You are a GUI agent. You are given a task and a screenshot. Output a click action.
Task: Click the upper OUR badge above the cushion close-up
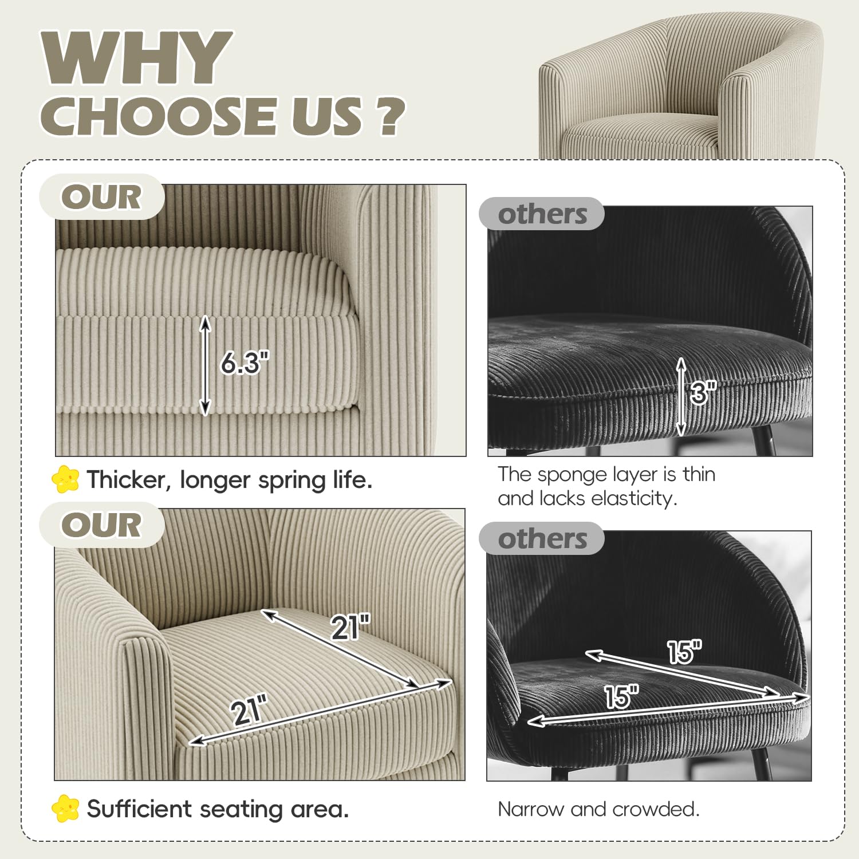coord(102,197)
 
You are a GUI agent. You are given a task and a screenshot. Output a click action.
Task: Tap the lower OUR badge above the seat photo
coord(102,525)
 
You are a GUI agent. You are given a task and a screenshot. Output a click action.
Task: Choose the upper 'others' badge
coord(542,214)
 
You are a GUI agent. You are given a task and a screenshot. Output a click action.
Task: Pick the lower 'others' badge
coord(542,539)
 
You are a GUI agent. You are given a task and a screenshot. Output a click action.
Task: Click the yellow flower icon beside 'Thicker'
coord(65,479)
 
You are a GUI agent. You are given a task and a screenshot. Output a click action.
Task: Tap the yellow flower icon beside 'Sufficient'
coord(65,808)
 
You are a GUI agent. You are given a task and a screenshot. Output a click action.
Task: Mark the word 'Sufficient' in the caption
coord(139,809)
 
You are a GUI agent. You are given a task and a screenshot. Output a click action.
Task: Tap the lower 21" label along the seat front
coord(250,711)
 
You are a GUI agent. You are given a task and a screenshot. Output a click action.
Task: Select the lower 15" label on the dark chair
coord(621,696)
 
